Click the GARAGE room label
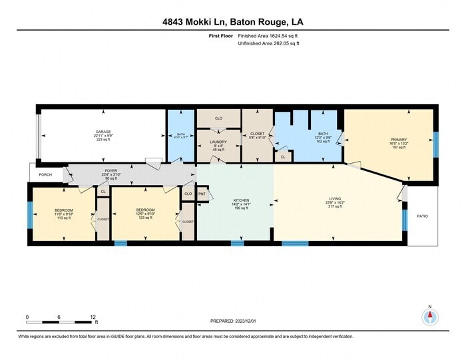(103, 132)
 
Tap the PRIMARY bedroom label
(397, 140)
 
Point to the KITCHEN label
(240, 199)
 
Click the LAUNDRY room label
(218, 142)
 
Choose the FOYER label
(110, 171)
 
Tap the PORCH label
(45, 174)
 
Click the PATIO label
(422, 216)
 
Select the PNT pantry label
(202, 194)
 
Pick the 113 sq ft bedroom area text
(64, 218)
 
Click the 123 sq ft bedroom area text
(145, 218)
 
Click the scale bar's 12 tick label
(93, 317)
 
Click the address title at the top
(232, 21)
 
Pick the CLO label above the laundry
(218, 118)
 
